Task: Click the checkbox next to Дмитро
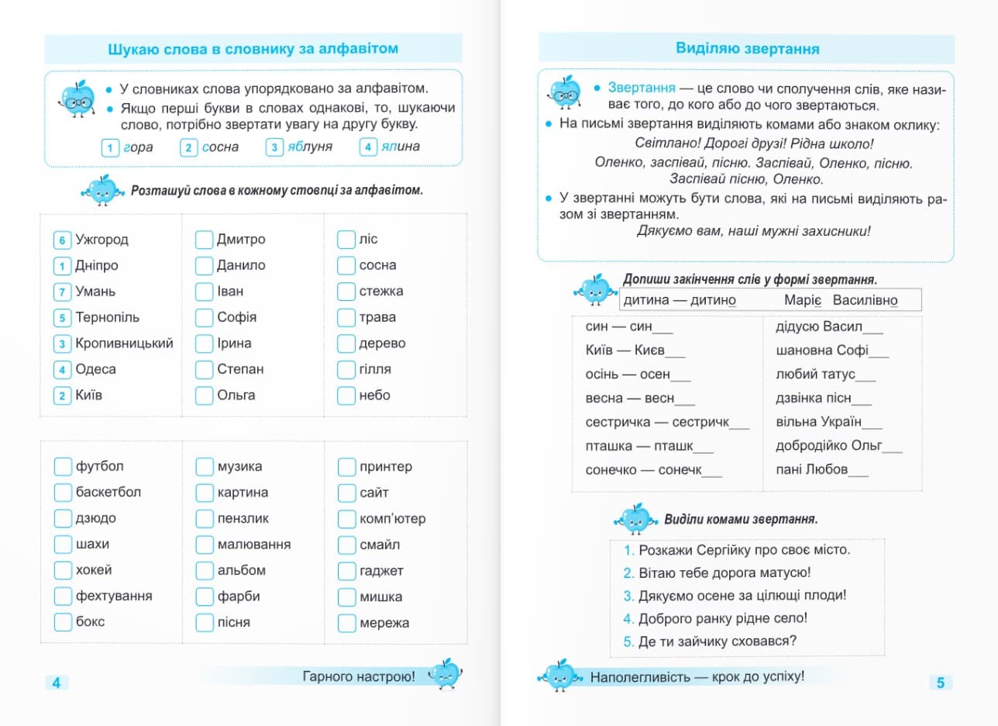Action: (x=204, y=240)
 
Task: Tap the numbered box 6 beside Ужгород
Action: (x=63, y=240)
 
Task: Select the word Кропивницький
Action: (x=124, y=344)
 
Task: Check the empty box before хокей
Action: (x=63, y=570)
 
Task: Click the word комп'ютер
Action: (x=392, y=519)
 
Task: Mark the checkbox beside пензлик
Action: (x=204, y=519)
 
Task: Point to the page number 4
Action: (x=57, y=683)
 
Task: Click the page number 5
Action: (x=941, y=683)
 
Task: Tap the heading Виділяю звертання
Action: (x=747, y=49)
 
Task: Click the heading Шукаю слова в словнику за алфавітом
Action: (x=253, y=49)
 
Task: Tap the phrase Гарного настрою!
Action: (x=359, y=676)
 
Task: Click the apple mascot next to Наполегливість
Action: (x=559, y=675)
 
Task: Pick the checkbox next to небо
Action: (x=346, y=396)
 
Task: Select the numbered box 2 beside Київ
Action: (x=63, y=396)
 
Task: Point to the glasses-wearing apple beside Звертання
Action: (x=564, y=91)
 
